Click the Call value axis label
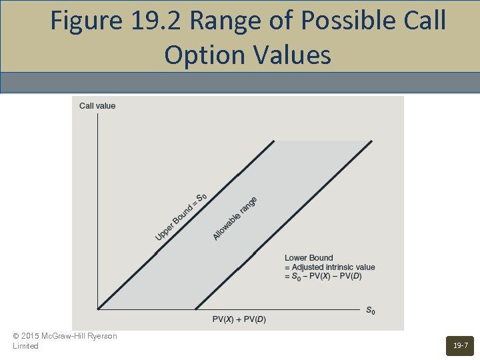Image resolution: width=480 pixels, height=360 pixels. (x=97, y=105)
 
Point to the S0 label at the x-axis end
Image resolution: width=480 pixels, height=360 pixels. (x=370, y=311)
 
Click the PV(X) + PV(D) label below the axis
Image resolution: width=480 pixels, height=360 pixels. (x=239, y=319)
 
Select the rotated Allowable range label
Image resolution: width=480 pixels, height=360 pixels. (x=235, y=219)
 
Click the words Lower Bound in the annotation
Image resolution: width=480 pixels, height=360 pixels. (x=309, y=258)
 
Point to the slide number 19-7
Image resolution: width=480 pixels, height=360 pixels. (x=460, y=345)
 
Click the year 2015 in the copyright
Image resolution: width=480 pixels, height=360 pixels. (x=29, y=336)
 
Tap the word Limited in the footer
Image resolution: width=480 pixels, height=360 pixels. (x=26, y=346)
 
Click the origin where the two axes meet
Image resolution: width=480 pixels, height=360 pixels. (x=98, y=309)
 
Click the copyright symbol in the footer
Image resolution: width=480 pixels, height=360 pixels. (x=16, y=336)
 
